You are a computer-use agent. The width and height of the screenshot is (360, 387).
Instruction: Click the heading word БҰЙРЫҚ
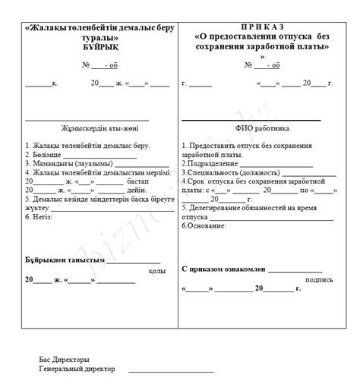[x=99, y=46]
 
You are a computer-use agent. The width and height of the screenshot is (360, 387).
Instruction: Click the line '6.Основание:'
[x=204, y=226]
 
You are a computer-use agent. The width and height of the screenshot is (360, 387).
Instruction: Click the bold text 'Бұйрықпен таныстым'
[x=65, y=260]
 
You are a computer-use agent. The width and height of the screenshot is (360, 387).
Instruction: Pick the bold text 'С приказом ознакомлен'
[x=224, y=269]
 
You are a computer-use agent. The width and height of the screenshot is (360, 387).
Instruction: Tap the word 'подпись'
[x=319, y=279]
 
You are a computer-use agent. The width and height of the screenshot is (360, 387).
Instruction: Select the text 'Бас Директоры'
[x=65, y=360]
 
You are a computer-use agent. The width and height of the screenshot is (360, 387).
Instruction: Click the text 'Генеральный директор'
[x=77, y=369]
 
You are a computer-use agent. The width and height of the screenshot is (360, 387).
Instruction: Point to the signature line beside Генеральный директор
[x=170, y=371]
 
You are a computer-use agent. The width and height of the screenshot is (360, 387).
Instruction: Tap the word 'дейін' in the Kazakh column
[x=137, y=190]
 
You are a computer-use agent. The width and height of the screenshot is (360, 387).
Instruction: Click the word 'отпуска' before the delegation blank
[x=194, y=217]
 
